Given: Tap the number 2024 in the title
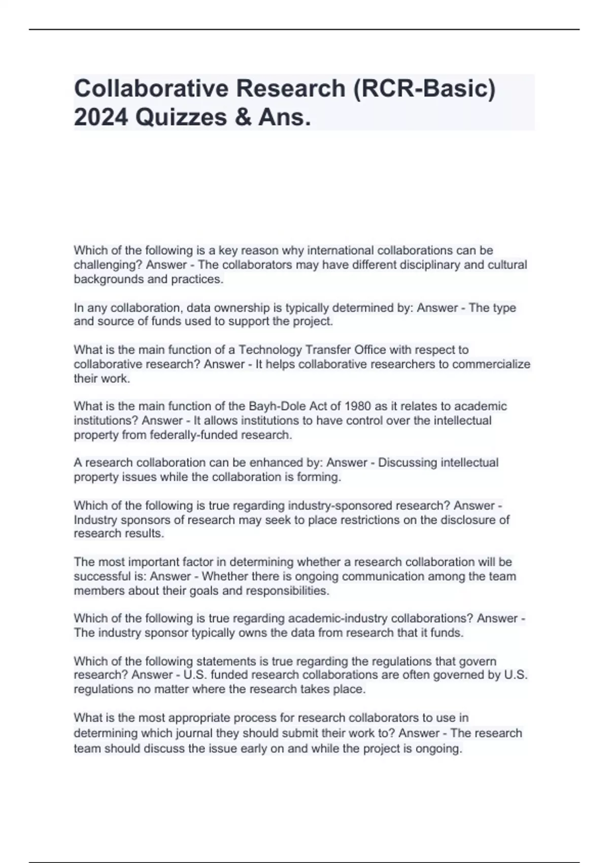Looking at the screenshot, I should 100,118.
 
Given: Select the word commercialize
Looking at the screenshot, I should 491,364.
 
